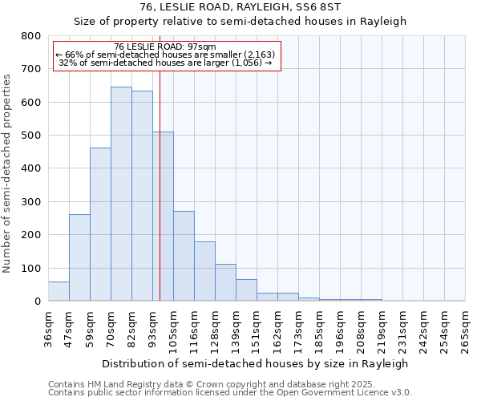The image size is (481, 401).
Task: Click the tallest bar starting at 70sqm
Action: click(121, 194)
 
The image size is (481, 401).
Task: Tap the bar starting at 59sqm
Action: click(100, 225)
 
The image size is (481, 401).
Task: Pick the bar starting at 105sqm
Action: click(184, 256)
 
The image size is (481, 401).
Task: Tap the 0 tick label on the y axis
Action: click(37, 302)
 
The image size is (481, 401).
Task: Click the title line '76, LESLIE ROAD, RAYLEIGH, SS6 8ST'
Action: click(240, 7)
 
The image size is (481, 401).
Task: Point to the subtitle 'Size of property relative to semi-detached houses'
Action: click(240, 22)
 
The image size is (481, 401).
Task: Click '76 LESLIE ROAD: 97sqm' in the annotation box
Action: click(165, 47)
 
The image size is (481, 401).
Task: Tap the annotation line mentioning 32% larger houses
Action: click(166, 63)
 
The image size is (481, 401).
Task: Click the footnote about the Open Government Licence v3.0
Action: click(230, 393)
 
